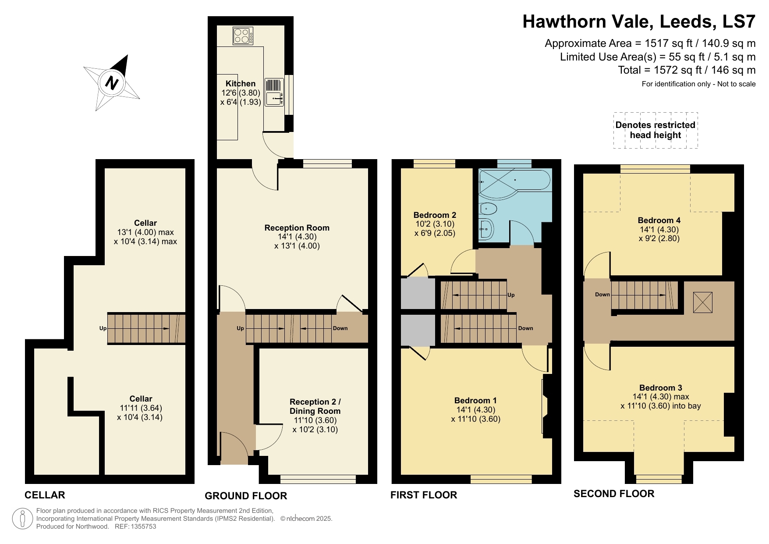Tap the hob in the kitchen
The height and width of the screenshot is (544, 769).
243,36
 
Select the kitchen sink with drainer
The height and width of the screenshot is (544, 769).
274,92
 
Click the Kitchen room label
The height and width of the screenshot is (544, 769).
240,84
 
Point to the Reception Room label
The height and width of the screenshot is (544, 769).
297,228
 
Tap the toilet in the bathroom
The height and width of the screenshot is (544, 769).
487,209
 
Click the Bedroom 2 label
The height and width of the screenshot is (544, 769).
435,215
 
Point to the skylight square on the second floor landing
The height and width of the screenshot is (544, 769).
702,302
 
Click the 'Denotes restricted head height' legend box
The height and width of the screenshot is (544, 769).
655,130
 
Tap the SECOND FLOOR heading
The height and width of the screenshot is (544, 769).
613,494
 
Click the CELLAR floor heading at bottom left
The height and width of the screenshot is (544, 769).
45,495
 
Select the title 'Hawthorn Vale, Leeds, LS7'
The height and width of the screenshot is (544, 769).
638,21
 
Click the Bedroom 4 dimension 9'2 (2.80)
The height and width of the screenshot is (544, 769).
659,239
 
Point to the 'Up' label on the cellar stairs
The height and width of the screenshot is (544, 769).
103,328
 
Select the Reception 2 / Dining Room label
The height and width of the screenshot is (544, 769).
315,406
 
